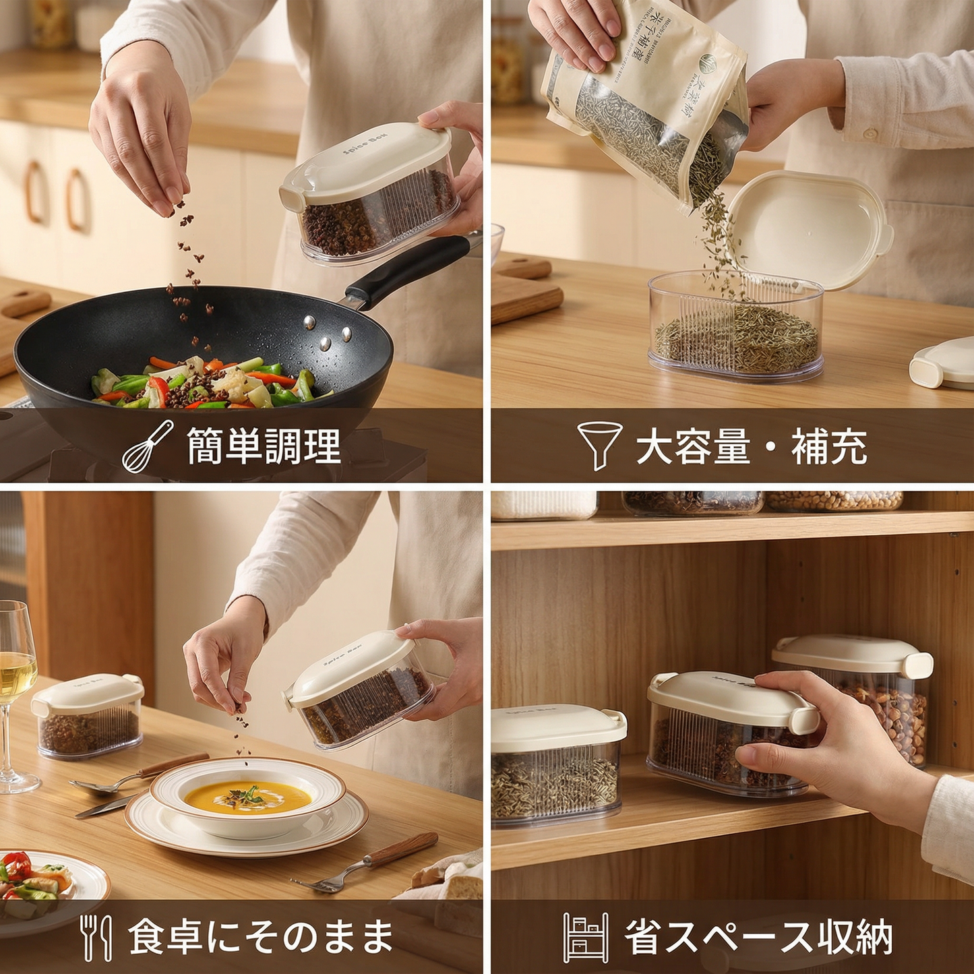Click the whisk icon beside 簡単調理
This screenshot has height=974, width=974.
tap(148, 446)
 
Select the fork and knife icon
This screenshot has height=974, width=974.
tap(96, 937)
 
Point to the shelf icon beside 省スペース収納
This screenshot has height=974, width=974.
tap(585, 937)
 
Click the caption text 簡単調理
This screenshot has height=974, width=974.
tap(264, 446)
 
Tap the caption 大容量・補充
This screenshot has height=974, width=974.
tap(751, 446)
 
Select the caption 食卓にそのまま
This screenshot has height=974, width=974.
tap(261, 937)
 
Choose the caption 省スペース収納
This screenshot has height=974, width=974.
tap(758, 937)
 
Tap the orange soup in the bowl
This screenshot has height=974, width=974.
tap(247, 797)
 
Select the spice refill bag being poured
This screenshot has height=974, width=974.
tap(644, 101)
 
